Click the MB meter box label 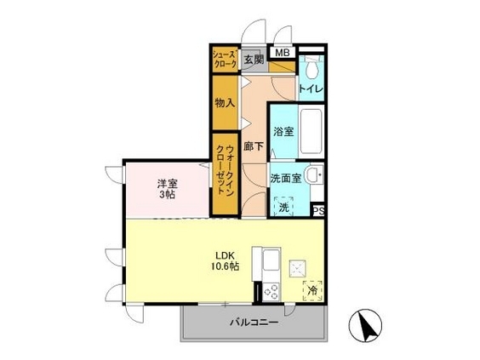pyautogui.click(x=283, y=53)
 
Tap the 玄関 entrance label pyautogui.click(x=254, y=60)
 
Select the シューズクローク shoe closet pyautogui.click(x=225, y=60)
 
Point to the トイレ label pyautogui.click(x=311, y=89)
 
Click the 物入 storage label pyautogui.click(x=225, y=103)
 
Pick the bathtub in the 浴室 pyautogui.click(x=311, y=131)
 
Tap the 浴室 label pyautogui.click(x=283, y=132)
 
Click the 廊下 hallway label pyautogui.click(x=254, y=146)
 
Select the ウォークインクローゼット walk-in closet pyautogui.click(x=226, y=174)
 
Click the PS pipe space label pyautogui.click(x=318, y=211)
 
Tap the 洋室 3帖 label pyautogui.click(x=167, y=189)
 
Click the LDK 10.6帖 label pyautogui.click(x=225, y=260)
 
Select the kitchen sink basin pyautogui.click(x=271, y=260)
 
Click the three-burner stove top pyautogui.click(x=271, y=292)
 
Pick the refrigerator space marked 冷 pyautogui.click(x=312, y=290)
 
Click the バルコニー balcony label pyautogui.click(x=254, y=323)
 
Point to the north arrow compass pyautogui.click(x=365, y=325)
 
